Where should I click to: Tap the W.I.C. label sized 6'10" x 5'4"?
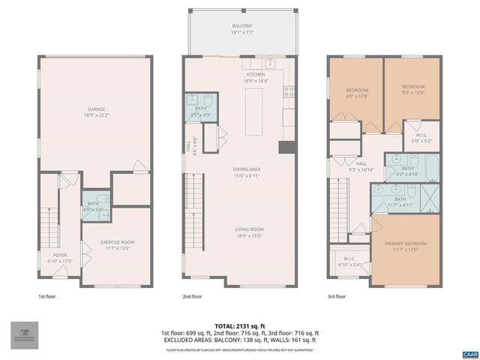(x=349, y=262)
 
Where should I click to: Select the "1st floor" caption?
(x=48, y=296)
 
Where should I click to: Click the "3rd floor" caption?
(x=337, y=296)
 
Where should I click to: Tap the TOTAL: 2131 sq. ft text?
(x=239, y=325)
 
